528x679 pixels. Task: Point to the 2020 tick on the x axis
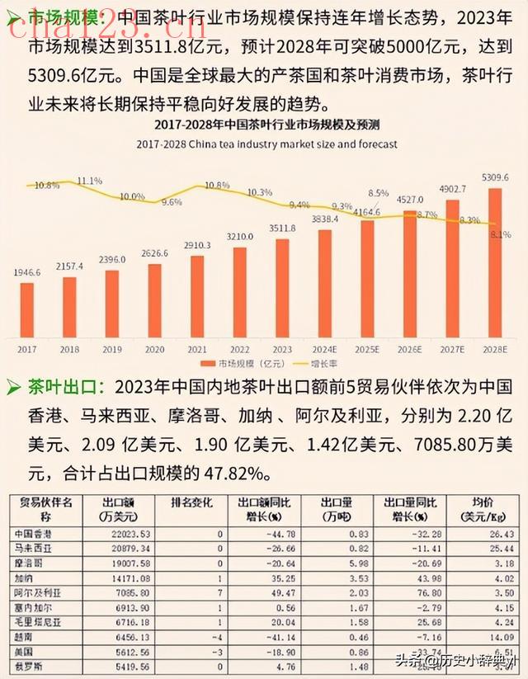[x=155, y=350]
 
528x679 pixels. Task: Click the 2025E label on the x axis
[x=367, y=350]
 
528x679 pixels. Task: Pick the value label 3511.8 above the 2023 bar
[x=281, y=228]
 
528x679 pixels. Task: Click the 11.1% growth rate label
[x=89, y=181]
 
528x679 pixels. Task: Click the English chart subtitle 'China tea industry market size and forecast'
[x=267, y=144]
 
